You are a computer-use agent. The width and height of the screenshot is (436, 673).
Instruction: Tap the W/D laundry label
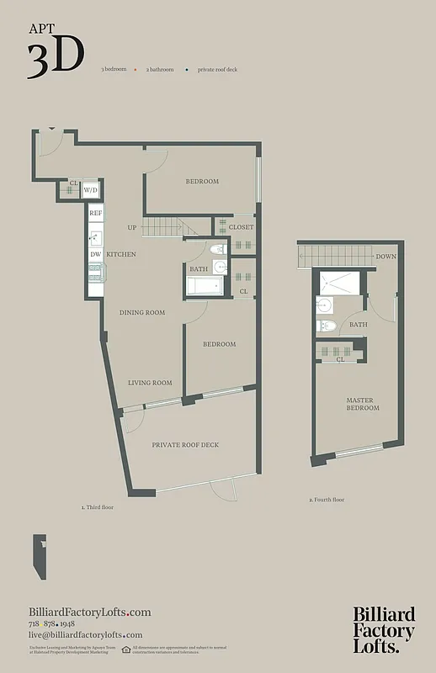90,191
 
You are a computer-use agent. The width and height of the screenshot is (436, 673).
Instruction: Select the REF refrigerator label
96,214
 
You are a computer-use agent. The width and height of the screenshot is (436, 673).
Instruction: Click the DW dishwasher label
96,254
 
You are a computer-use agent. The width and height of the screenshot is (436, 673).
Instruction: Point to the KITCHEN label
121,254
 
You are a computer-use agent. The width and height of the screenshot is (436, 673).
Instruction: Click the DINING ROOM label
141,312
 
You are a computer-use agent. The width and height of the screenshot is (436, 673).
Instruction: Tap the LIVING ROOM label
150,383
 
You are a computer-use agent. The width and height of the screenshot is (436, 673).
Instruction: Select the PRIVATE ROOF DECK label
185,444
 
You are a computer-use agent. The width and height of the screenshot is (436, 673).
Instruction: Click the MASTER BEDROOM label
363,404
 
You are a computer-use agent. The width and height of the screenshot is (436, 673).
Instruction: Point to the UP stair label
132,227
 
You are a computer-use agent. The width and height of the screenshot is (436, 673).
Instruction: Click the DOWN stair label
386,257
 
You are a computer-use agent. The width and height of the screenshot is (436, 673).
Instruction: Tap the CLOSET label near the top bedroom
241,227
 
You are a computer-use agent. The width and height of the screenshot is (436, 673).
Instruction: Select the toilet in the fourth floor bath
327,326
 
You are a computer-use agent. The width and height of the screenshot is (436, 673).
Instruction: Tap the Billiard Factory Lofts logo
383,629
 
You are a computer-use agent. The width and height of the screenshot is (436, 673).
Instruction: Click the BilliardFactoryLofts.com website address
89,612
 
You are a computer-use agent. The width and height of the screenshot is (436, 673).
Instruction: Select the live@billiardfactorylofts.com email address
85,635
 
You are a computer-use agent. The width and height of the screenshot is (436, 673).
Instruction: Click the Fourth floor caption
327,500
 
